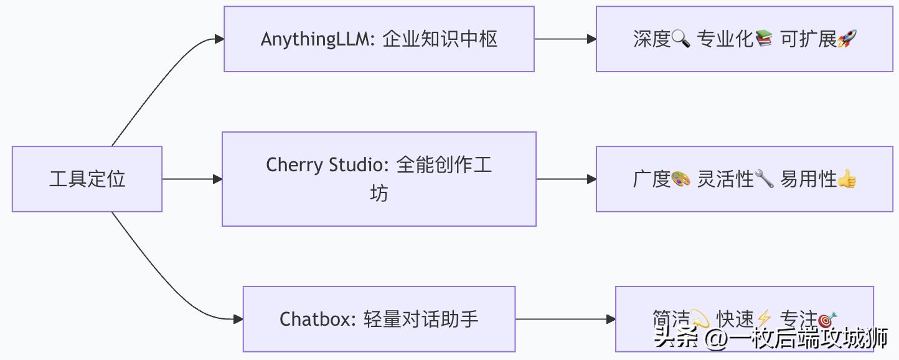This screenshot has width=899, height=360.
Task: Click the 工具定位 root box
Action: (87, 179)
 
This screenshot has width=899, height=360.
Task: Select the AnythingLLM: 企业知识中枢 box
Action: (379, 39)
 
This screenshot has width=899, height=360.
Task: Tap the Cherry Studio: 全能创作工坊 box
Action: (379, 179)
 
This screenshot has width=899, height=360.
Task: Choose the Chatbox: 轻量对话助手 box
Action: (379, 319)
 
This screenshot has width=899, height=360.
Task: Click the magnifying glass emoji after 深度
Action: (680, 39)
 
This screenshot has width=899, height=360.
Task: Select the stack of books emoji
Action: (764, 39)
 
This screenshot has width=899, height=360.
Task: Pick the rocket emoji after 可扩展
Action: (847, 39)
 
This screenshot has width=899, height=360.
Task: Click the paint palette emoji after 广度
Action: (680, 179)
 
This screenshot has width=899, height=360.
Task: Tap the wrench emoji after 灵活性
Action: (764, 179)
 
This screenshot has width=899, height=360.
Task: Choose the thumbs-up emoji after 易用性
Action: (847, 179)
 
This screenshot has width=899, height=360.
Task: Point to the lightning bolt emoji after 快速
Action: (763, 320)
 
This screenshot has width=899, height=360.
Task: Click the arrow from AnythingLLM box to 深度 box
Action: (565, 39)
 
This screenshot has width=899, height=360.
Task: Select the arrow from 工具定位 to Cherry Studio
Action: (192, 179)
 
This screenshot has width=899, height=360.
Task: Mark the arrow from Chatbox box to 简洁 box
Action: (565, 319)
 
